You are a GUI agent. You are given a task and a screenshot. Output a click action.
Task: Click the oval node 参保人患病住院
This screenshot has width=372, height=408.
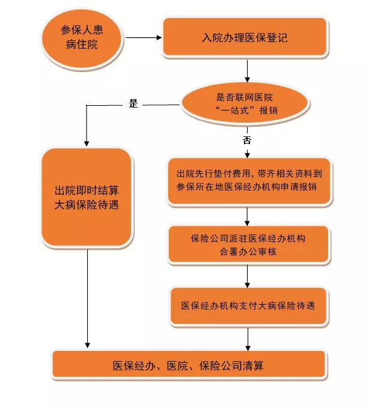pos(83,38)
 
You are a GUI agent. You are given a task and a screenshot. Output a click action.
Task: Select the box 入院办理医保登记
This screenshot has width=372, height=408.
pos(245,38)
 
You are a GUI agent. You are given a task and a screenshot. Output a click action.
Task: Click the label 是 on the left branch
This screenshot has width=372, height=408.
pos(133,103)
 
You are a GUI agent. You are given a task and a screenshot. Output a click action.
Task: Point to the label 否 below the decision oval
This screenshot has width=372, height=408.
pos(246,140)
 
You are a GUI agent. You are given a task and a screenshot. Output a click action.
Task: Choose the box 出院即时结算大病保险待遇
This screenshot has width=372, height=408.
pos(87,197)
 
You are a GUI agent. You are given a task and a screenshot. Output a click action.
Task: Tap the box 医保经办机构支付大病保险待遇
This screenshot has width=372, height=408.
pos(248,305)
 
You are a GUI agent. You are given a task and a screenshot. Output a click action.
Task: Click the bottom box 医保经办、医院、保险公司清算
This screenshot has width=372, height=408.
pos(189,365)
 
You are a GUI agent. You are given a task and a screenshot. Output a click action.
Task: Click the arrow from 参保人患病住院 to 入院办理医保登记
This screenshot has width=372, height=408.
pos(144,38)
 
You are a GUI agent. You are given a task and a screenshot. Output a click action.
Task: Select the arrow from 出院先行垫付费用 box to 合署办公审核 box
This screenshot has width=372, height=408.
pos(248,216)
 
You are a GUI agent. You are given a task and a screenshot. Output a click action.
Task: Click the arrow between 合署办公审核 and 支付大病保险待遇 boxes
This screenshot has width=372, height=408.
pos(248,275)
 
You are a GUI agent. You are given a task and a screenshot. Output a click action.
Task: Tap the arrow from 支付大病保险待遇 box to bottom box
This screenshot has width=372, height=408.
pos(248,338)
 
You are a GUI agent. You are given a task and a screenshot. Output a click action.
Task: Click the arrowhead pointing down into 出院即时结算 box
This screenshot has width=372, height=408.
pos(87,143)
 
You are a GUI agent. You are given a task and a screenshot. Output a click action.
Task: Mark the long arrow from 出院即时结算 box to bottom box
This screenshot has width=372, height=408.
pos(88,297)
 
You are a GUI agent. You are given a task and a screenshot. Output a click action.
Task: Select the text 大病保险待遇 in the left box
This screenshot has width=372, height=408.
pos(87,205)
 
